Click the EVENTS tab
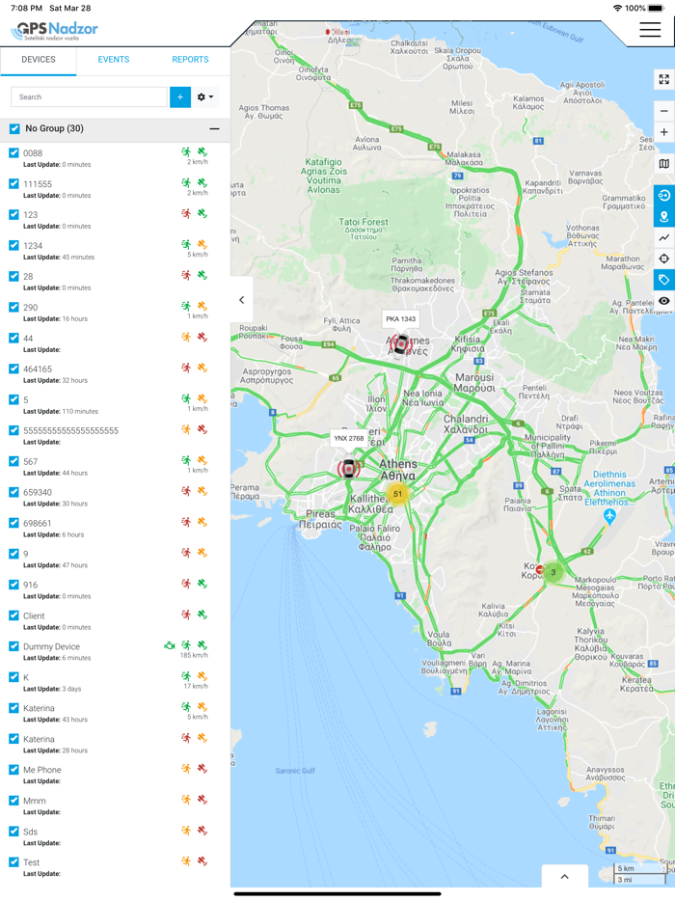click(x=114, y=60)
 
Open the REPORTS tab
click(x=190, y=60)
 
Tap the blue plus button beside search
click(x=180, y=96)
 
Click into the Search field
click(x=89, y=96)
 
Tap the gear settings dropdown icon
click(x=205, y=96)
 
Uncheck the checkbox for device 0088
click(x=13, y=153)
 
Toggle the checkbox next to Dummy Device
click(x=13, y=646)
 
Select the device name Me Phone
click(x=42, y=770)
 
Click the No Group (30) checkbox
click(x=14, y=128)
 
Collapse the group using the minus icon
click(x=214, y=128)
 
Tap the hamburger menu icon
click(x=650, y=30)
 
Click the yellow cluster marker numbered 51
click(x=397, y=494)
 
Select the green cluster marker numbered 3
click(x=553, y=572)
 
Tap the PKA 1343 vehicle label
click(x=400, y=319)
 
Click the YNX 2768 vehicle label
click(x=348, y=438)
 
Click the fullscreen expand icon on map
click(x=663, y=79)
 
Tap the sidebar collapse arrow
click(x=241, y=300)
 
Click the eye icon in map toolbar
click(x=663, y=301)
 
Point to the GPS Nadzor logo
click(x=55, y=30)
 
